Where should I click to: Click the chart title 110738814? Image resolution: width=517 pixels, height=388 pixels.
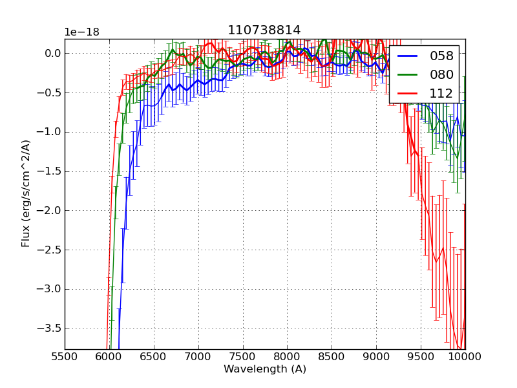(264, 30)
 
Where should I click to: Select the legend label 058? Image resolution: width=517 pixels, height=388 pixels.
(441, 56)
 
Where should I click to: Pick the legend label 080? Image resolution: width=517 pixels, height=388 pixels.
(441, 74)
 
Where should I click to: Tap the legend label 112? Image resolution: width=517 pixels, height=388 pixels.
(441, 93)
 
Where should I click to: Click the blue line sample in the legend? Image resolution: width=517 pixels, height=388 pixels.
(409, 56)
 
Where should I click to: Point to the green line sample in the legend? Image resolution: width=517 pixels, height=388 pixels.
(409, 74)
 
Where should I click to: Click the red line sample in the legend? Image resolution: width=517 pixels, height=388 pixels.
(409, 93)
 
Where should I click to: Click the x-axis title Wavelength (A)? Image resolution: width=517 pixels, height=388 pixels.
(265, 369)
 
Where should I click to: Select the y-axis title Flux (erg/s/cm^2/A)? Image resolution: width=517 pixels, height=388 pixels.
(26, 193)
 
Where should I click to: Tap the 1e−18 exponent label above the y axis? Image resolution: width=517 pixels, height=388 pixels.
(82, 32)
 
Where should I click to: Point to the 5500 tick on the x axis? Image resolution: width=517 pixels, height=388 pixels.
(65, 356)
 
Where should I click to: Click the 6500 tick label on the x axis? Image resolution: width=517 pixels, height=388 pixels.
(154, 356)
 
